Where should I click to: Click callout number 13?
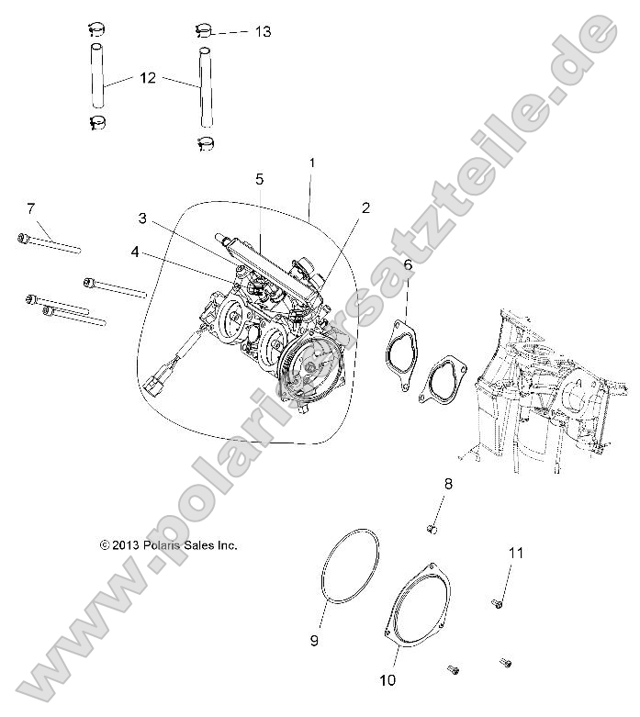tap(263, 32)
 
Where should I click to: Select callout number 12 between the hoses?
tap(148, 80)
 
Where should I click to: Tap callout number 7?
tap(30, 207)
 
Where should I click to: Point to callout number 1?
tap(312, 162)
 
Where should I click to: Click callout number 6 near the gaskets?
tap(408, 266)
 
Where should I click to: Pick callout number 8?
tap(448, 483)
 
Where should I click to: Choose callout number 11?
tap(516, 553)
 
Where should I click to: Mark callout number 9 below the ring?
tap(314, 641)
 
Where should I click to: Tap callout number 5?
tap(260, 177)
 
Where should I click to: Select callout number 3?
tap(143, 218)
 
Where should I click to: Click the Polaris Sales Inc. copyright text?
tap(169, 544)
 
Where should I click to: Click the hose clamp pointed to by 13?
tap(205, 30)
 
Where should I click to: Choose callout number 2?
tap(365, 207)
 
